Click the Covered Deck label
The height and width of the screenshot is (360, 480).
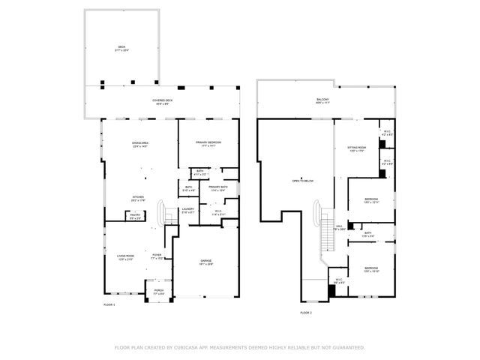[163, 101]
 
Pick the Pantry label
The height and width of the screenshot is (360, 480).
[136, 217]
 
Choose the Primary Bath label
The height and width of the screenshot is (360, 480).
[218, 188]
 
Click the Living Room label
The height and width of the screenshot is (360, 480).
[124, 258]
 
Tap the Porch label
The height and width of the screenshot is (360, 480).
[159, 292]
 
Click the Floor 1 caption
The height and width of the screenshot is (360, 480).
[109, 304]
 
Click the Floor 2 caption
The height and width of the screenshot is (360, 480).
[305, 312]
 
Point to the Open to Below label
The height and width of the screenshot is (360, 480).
[302, 181]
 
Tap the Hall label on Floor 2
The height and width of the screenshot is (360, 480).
[339, 226]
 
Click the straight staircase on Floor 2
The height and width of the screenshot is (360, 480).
[327, 239]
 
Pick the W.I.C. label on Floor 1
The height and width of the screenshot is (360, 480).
[217, 213]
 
